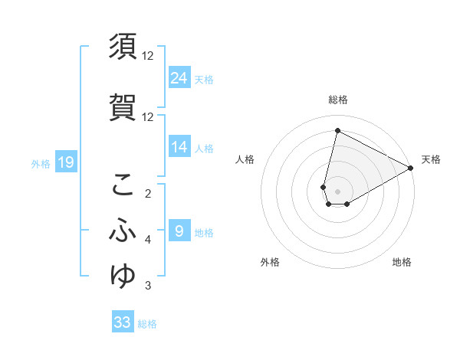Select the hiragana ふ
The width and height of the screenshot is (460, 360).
click(x=123, y=231)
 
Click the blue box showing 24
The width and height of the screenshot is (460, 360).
click(x=179, y=78)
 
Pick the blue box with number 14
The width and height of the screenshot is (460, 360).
click(x=179, y=147)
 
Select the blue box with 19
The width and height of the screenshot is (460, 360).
click(x=65, y=162)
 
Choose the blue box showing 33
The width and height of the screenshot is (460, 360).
click(x=123, y=322)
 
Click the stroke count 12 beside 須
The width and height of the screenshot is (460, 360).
click(x=148, y=56)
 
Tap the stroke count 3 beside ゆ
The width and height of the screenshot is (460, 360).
click(x=148, y=286)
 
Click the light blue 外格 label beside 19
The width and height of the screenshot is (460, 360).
click(x=40, y=163)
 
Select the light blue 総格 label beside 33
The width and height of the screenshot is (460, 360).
click(x=147, y=324)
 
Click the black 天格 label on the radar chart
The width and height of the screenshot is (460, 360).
click(x=431, y=159)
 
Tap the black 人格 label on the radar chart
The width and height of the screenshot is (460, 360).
click(x=245, y=159)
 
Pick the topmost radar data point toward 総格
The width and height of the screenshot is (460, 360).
click(x=337, y=130)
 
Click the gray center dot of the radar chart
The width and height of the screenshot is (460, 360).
click(x=337, y=191)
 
